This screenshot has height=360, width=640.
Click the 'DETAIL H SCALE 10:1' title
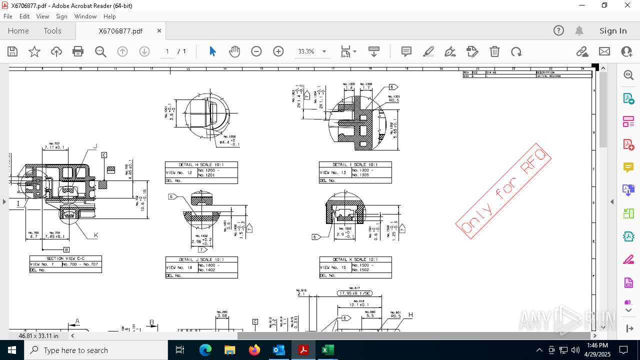point(201,164)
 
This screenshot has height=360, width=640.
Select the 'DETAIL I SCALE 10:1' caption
point(355,164)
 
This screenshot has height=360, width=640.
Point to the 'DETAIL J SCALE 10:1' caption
point(201,259)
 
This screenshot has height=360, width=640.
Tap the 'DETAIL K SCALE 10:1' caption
point(355,259)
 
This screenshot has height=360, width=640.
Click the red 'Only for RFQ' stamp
point(503,190)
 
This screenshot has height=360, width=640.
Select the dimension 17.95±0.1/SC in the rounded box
point(354,293)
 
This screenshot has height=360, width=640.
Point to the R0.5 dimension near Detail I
point(394,100)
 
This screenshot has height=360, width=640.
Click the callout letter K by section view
point(96,235)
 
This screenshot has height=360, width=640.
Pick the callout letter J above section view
point(95,146)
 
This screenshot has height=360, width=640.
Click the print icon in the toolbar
point(78,51)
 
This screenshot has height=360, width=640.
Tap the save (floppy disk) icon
point(12,51)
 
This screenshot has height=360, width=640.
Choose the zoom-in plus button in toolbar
point(278,51)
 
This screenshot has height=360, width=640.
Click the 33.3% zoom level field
point(306,51)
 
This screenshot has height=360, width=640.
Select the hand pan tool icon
point(234,51)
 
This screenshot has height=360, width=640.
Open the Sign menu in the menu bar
point(61,16)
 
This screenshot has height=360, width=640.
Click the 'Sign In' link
point(613,31)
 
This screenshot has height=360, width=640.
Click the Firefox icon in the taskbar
point(254,350)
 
